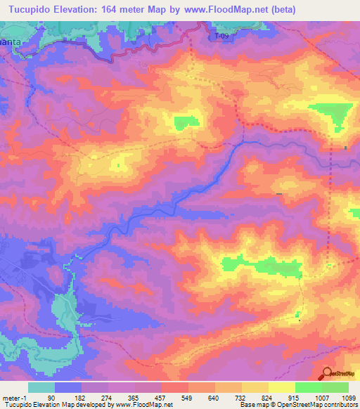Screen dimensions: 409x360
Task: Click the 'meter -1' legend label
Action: coord(14,398)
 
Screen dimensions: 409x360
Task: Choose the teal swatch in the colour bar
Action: coord(41,387)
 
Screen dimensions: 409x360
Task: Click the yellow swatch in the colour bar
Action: coord(282,387)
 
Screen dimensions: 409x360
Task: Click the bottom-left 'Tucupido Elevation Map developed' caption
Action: coord(56,405)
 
